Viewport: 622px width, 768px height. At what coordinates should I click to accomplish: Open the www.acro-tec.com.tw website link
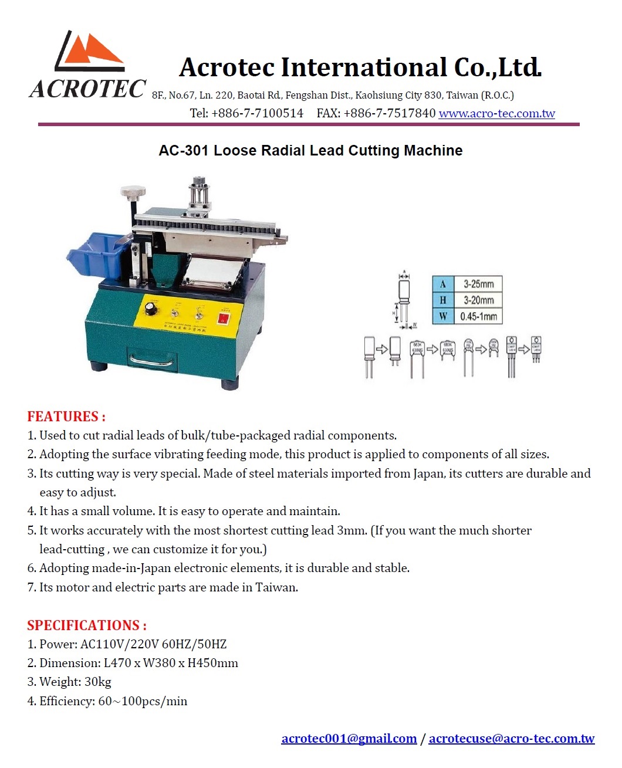point(496,113)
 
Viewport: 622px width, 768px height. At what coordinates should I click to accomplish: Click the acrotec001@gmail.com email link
point(349,738)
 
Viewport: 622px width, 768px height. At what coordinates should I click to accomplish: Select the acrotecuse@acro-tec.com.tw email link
point(511,738)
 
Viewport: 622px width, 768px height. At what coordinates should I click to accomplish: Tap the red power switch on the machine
point(224,318)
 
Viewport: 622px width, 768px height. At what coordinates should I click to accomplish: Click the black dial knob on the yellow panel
point(151,307)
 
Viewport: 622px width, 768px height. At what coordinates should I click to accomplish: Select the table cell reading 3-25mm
point(478,284)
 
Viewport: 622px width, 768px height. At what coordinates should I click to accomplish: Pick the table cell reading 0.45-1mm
point(478,316)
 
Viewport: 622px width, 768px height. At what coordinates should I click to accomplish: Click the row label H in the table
point(442,300)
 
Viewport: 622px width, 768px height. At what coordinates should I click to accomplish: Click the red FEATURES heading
point(66,417)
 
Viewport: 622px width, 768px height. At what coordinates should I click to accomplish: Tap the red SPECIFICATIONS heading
point(87,625)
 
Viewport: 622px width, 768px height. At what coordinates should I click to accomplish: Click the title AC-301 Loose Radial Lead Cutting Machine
point(310,151)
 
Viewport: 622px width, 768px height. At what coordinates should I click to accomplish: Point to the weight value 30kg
point(98,682)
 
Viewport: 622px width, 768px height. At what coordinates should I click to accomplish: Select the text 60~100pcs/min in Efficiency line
point(143,701)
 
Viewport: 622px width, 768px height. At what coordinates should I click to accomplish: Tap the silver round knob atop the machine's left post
point(133,191)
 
